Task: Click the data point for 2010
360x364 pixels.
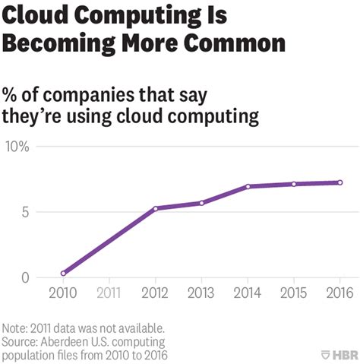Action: coord(63,273)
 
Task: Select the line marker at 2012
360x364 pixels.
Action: coord(155,208)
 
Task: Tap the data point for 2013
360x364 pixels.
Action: coord(201,203)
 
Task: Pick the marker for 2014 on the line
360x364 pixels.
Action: coord(248,186)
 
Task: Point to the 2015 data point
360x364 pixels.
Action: coord(294,184)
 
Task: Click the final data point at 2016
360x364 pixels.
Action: coord(339,182)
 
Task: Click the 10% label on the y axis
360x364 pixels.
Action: coord(17,146)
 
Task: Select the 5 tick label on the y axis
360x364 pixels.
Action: coord(24,212)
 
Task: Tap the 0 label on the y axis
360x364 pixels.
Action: coord(24,277)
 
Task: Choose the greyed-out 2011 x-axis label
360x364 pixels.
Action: coord(109,293)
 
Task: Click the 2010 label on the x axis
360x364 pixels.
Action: coord(63,293)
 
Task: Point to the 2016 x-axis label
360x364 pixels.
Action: coord(339,293)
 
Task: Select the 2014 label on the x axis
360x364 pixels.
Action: coord(248,293)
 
